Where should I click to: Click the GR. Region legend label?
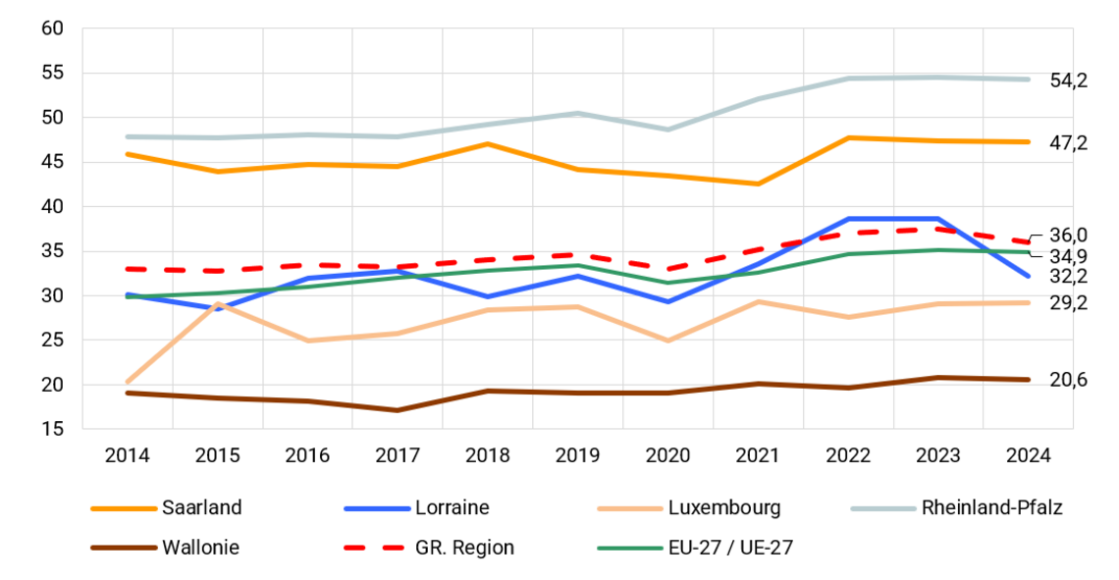click(x=464, y=548)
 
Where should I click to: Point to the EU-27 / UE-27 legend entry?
click(x=730, y=548)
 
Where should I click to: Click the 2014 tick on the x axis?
click(x=127, y=455)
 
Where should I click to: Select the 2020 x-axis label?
click(x=667, y=455)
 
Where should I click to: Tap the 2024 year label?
click(x=1028, y=455)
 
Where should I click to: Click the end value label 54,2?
click(x=1069, y=81)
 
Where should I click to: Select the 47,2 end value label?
click(x=1069, y=143)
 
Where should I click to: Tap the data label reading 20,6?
click(x=1069, y=380)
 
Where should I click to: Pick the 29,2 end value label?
click(x=1069, y=303)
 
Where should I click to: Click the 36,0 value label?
click(x=1069, y=235)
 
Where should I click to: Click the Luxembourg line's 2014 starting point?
click(x=128, y=383)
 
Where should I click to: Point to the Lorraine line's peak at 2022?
click(x=848, y=219)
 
